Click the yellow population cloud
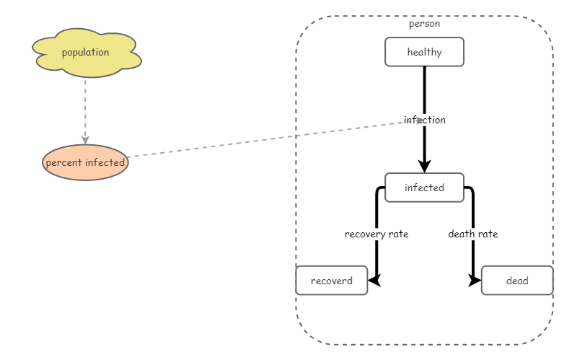[86, 53]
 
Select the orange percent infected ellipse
[85, 162]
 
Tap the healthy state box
[424, 52]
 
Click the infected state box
[424, 188]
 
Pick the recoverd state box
[332, 281]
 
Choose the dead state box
[517, 281]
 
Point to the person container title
[424, 24]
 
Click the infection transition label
[425, 120]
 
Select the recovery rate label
[376, 234]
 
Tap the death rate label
[473, 234]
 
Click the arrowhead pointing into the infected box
[424, 167]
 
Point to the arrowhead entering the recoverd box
[374, 281]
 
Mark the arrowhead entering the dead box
[475, 281]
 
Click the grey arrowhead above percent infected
[85, 139]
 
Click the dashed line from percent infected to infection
[267, 139]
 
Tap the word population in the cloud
[86, 53]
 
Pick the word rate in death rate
[488, 234]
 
